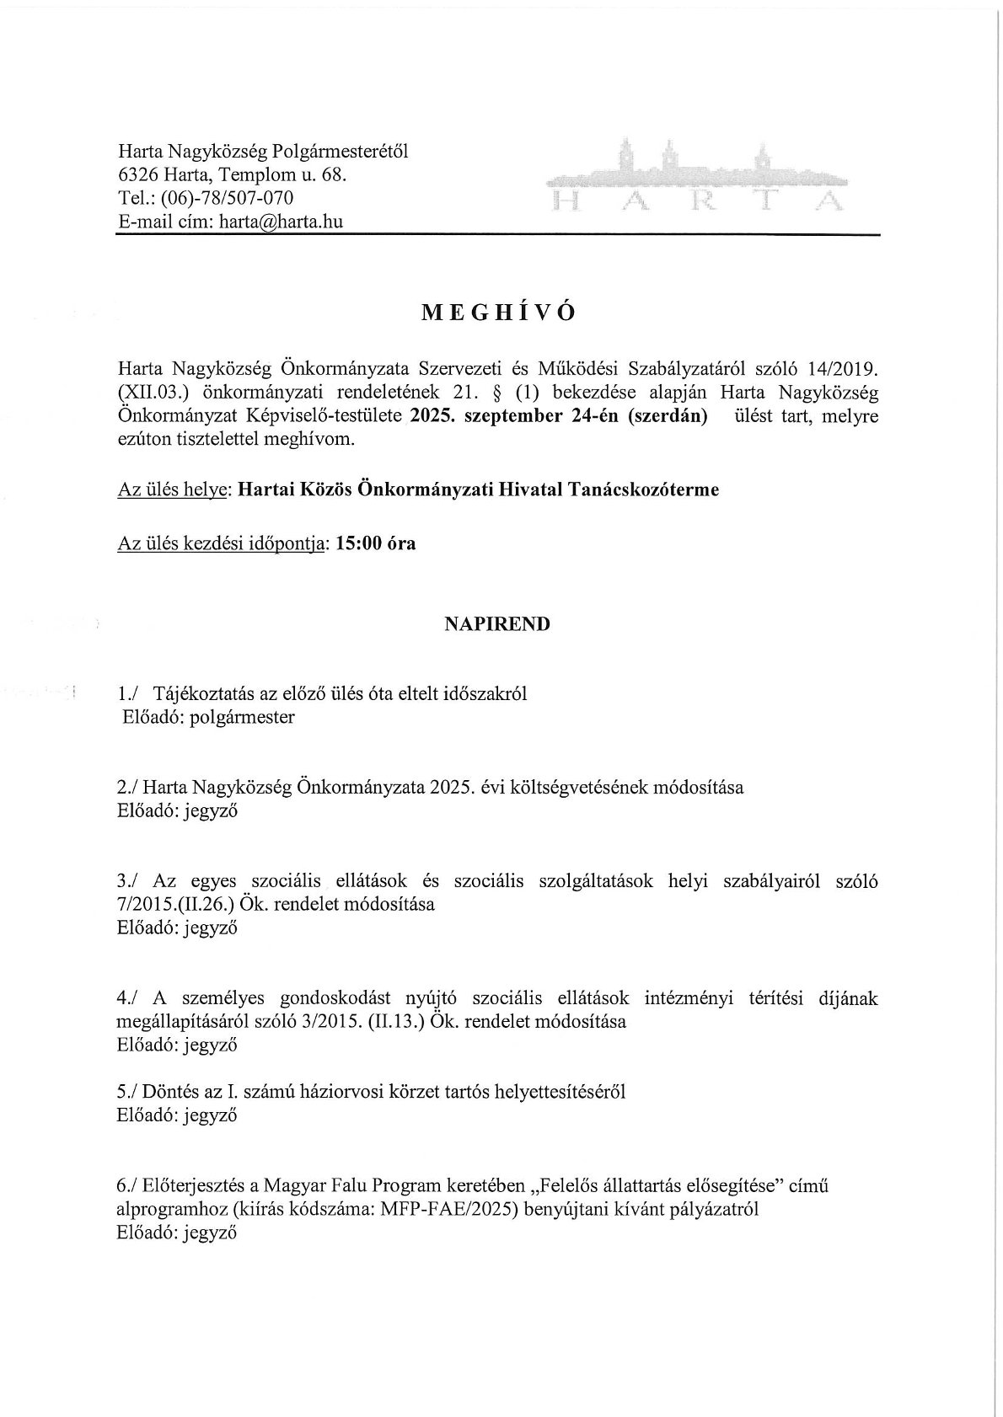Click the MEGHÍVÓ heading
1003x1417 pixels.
pos(498,313)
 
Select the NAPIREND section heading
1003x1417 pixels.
pos(497,625)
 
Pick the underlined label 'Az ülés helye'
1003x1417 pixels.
pos(174,490)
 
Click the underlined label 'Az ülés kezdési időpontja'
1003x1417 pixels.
pos(222,543)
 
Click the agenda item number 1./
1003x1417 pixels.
pos(130,694)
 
